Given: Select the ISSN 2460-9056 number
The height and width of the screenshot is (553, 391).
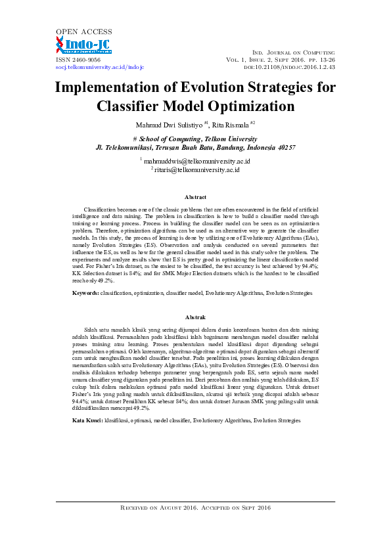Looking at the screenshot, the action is coord(78,59).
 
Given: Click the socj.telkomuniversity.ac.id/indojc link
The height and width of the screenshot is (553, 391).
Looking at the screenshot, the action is coord(100,67).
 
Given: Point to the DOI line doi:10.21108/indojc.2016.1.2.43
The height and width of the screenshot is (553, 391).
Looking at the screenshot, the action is coord(289,67).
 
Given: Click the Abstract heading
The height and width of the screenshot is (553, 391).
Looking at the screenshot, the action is coord(195,197).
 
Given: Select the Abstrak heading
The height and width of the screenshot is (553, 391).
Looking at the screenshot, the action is coord(195,317).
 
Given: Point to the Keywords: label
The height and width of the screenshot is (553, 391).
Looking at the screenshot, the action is coord(85,292).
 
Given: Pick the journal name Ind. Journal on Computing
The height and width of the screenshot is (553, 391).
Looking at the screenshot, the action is coord(294,52).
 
